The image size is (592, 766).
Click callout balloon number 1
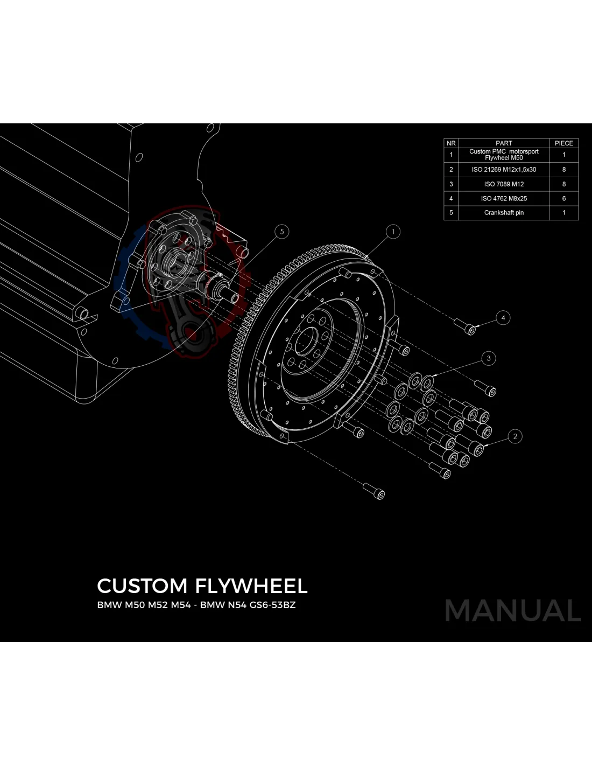click(393, 232)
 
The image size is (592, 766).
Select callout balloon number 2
click(515, 436)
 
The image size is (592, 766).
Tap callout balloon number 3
click(489, 358)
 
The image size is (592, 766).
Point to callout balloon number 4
click(503, 318)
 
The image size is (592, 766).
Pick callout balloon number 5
click(281, 232)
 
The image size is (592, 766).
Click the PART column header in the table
click(504, 143)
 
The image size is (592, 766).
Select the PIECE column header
click(563, 143)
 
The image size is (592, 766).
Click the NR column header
click(451, 143)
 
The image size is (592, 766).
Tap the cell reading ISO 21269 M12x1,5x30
click(504, 170)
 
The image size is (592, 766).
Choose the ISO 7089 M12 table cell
click(504, 184)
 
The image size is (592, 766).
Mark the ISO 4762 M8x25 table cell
click(504, 199)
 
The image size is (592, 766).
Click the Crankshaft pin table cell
click(504, 213)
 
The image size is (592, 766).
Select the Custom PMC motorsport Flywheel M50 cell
click(504, 155)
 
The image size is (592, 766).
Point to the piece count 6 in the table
click(563, 199)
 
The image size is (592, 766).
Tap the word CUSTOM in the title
click(142, 586)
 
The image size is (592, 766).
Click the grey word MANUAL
click(512, 611)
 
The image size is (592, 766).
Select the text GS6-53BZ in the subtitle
click(272, 605)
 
